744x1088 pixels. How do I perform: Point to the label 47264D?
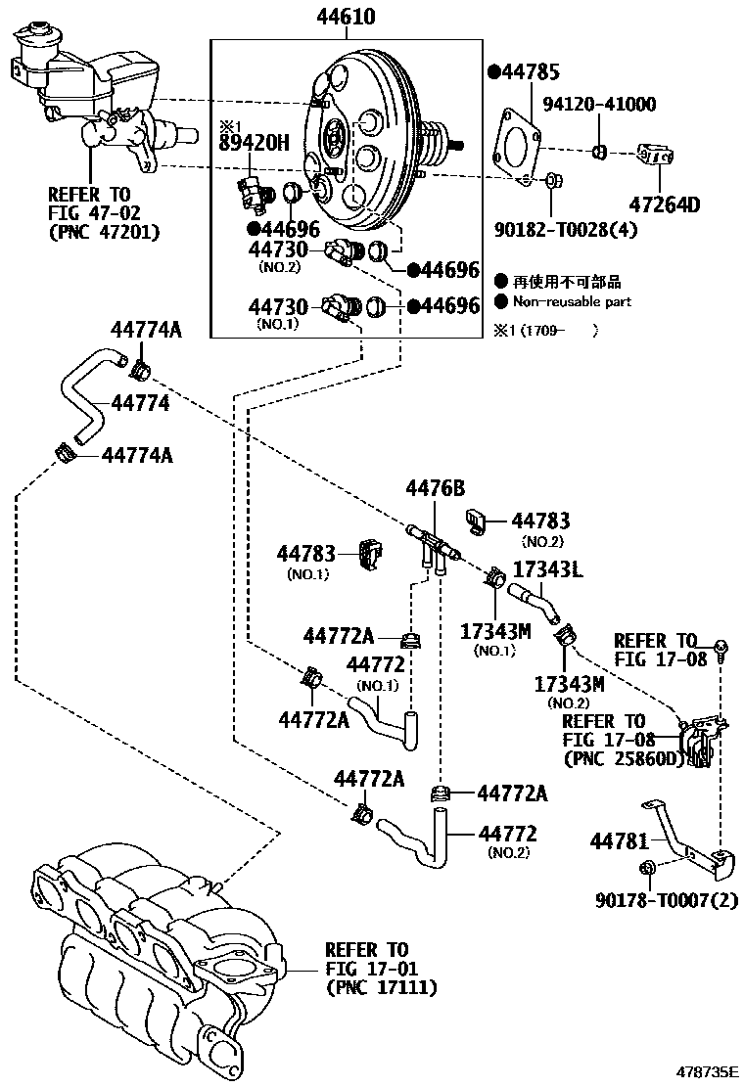tap(665, 205)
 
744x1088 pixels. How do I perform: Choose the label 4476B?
tap(437, 487)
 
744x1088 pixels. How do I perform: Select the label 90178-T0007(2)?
tap(667, 900)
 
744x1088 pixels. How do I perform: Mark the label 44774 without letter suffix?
tap(140, 402)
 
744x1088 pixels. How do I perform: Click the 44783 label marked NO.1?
tap(305, 554)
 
